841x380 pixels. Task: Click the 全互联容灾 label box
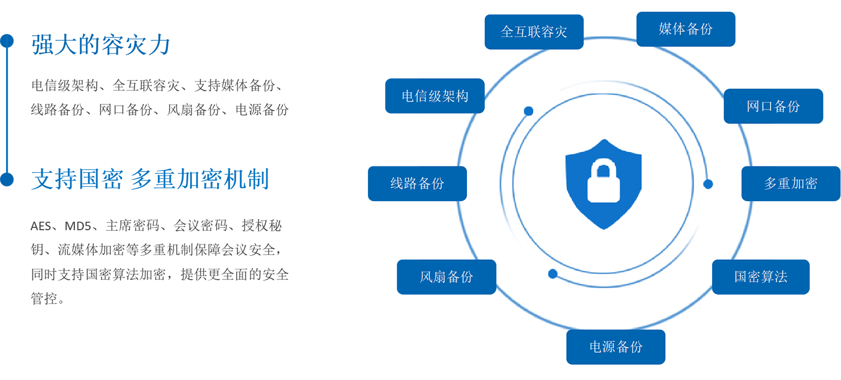click(x=534, y=32)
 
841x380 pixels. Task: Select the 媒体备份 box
click(x=686, y=29)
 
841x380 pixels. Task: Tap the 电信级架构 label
click(x=435, y=96)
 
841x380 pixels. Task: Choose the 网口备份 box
click(x=773, y=106)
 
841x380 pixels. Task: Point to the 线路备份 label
click(x=417, y=183)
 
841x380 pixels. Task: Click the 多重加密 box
click(x=791, y=183)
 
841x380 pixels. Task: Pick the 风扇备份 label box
click(x=446, y=277)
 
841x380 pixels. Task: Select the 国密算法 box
click(x=761, y=277)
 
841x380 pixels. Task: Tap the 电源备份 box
click(x=616, y=346)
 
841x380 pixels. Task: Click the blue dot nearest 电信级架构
click(x=528, y=111)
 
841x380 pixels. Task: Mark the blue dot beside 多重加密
click(x=708, y=184)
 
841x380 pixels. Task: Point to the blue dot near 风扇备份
click(x=553, y=274)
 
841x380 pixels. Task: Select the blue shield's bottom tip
click(x=604, y=227)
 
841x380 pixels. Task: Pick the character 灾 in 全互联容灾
click(x=561, y=32)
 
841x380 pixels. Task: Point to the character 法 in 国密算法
click(x=781, y=277)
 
